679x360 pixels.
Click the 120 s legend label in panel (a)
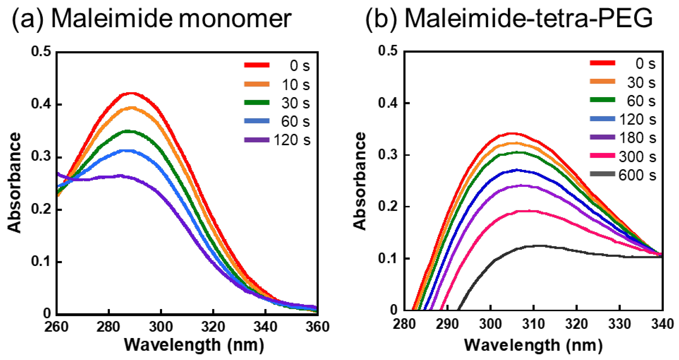(292, 140)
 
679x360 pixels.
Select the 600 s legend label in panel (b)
(637, 175)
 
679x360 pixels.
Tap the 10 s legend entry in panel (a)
(295, 85)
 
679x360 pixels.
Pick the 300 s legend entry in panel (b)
(637, 157)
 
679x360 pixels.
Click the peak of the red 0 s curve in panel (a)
(131, 93)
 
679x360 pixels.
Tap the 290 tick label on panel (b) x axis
(447, 324)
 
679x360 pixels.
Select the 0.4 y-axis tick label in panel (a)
(41, 104)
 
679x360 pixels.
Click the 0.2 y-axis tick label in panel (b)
(388, 207)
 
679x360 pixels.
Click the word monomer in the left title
(235, 19)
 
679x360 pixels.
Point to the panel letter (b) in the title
(381, 19)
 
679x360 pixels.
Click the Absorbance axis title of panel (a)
(14, 182)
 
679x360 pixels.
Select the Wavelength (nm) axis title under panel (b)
(533, 345)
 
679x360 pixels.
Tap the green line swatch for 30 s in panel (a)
(257, 103)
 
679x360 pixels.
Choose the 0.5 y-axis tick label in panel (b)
(388, 51)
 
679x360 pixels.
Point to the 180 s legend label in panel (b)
(637, 138)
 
